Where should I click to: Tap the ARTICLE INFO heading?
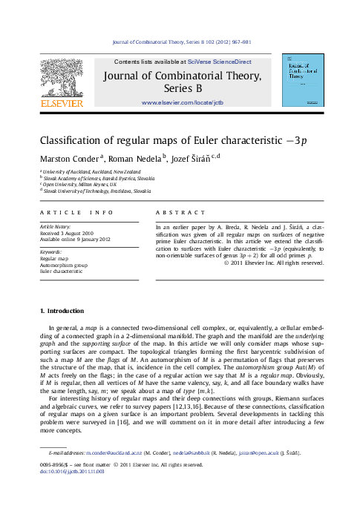(x=77, y=213)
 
